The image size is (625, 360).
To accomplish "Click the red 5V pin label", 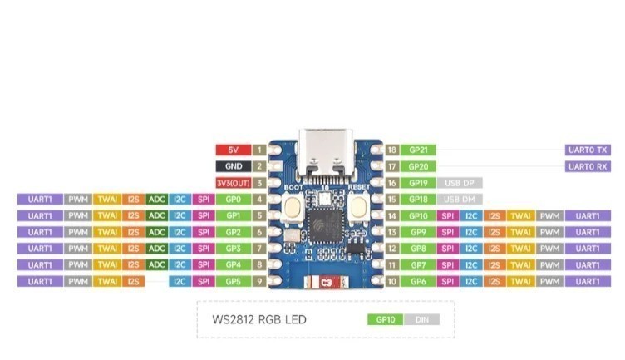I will pos(233,150).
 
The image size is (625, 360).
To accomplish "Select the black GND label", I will pos(233,166).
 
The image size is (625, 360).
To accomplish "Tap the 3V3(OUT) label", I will pos(233,183).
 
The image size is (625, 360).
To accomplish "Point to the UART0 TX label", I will pos(588,150).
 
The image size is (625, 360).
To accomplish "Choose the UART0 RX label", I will pos(588,166).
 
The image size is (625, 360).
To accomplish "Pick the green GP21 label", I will pos(417,150).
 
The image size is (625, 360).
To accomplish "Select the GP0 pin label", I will pos(233,200).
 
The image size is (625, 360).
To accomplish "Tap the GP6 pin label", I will pos(417,282).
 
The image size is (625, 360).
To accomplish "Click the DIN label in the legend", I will pos(421,319).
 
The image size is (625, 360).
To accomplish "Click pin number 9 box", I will pos(259,282).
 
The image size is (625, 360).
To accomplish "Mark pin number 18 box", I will pos(391,150).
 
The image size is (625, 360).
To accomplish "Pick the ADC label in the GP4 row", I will pos(156,265).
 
